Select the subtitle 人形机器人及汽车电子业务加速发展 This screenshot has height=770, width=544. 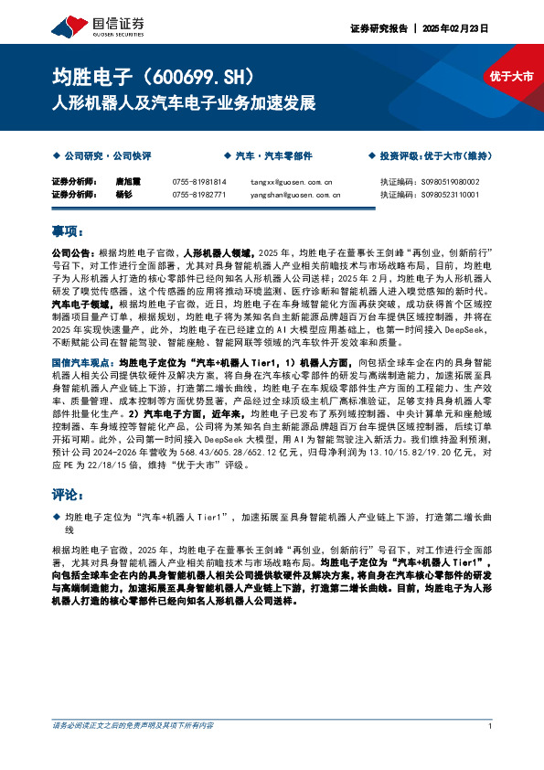184,101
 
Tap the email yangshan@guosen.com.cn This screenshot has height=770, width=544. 295,194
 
